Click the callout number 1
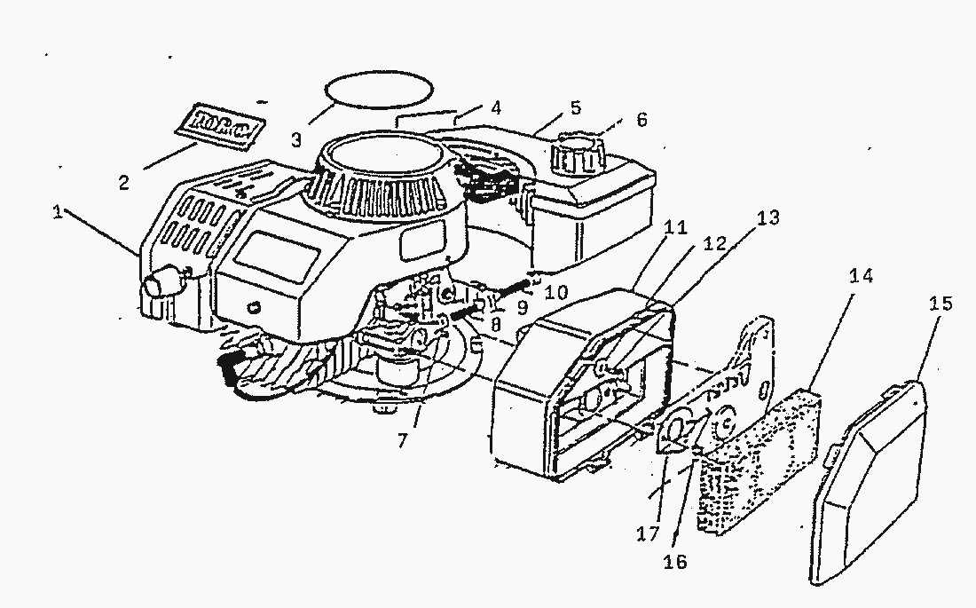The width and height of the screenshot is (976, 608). [59, 214]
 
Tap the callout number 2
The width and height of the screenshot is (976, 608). [124, 183]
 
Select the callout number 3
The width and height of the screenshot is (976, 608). [298, 139]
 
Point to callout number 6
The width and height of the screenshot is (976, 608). [641, 119]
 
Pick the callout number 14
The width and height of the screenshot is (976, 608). [861, 276]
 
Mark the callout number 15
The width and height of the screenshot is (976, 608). [941, 304]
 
